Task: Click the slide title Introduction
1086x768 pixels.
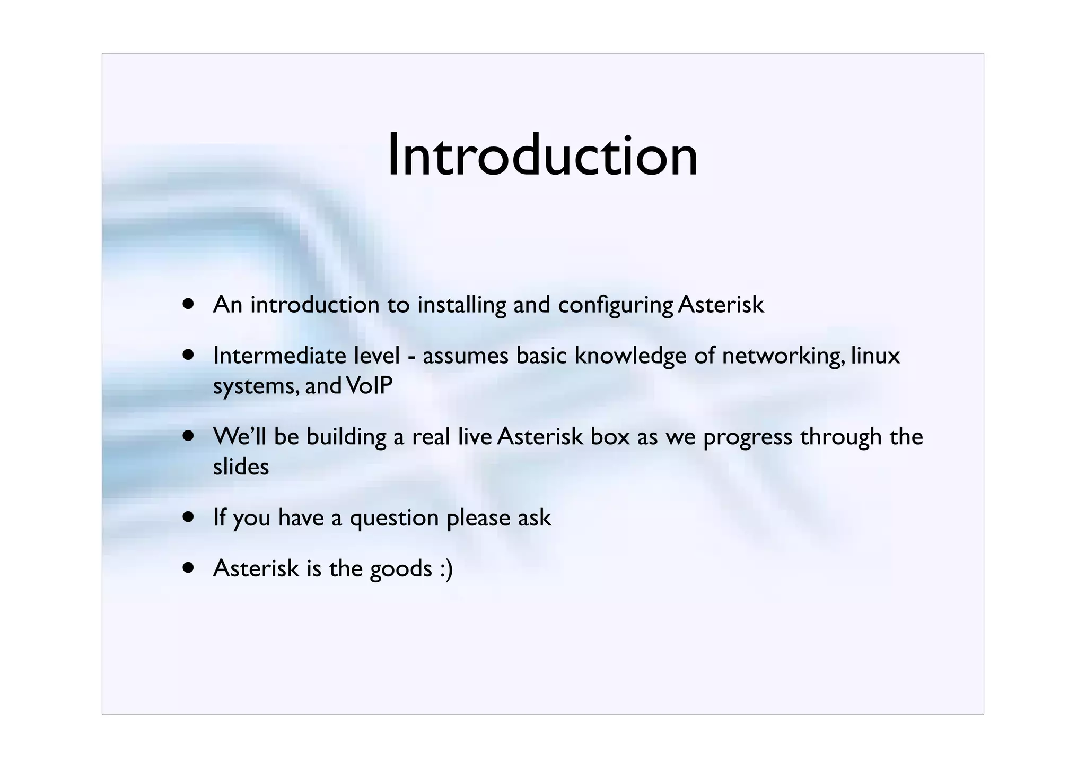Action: tap(542, 156)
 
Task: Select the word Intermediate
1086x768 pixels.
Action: tap(279, 356)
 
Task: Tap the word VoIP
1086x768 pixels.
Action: tap(369, 386)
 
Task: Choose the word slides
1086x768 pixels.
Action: tap(241, 467)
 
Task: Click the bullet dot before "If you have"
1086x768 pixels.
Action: tap(188, 516)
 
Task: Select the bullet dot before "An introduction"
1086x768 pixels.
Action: tap(188, 304)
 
